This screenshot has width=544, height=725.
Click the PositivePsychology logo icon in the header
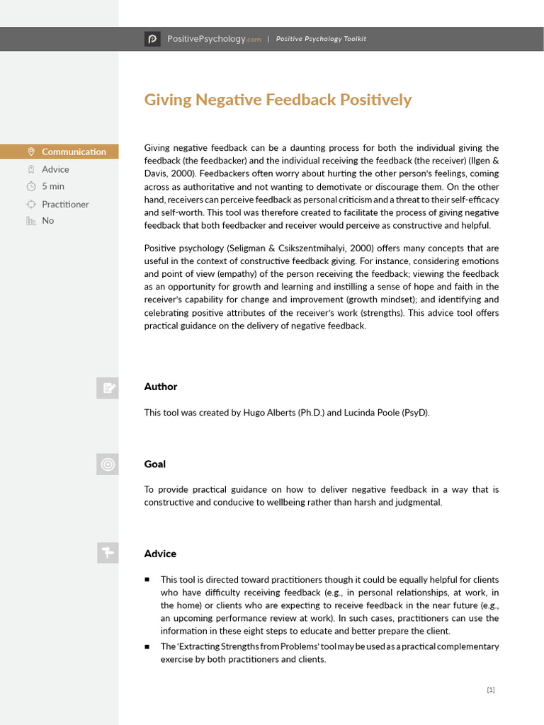coord(152,39)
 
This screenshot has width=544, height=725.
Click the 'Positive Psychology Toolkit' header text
coord(321,39)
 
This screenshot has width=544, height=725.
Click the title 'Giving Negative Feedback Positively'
coord(278,100)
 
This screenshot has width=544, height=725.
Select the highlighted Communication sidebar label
coord(74,152)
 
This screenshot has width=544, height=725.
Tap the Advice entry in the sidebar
coord(55,169)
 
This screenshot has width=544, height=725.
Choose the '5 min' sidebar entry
coord(53,186)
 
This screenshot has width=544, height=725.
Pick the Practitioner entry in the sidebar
coord(65,204)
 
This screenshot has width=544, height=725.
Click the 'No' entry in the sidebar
coord(47,220)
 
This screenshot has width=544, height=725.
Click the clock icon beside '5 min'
coord(31,186)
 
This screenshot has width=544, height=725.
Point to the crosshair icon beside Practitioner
coord(31,204)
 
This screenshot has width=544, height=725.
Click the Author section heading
coord(161,387)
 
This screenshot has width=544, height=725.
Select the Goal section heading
coord(154,464)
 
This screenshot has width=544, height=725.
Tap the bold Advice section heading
coord(160,554)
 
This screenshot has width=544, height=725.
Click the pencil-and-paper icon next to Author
coord(108,387)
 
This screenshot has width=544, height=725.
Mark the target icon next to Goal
coord(108,464)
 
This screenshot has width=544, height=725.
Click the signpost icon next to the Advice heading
coord(108,553)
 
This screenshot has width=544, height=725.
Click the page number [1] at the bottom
coord(491,690)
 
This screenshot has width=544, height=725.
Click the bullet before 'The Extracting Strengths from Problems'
coord(147,646)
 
